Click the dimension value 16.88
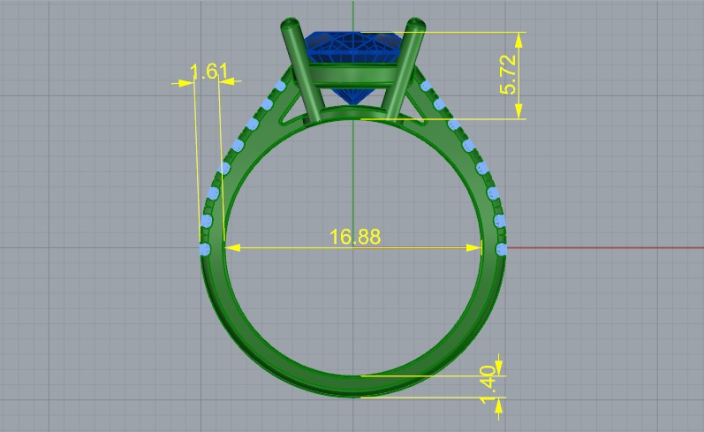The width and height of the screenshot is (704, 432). [x=355, y=237]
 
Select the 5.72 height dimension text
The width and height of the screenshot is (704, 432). [x=508, y=75]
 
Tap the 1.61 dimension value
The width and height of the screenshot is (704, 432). [x=209, y=71]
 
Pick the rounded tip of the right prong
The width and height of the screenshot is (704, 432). [x=415, y=24]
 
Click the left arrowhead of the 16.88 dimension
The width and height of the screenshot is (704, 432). [x=231, y=248]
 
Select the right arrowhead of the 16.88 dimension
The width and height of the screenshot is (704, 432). [x=476, y=248]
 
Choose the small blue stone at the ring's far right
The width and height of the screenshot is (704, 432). [x=503, y=250]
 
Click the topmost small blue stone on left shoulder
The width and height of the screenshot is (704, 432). [x=281, y=87]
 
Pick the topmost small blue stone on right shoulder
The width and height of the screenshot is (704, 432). [x=426, y=86]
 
